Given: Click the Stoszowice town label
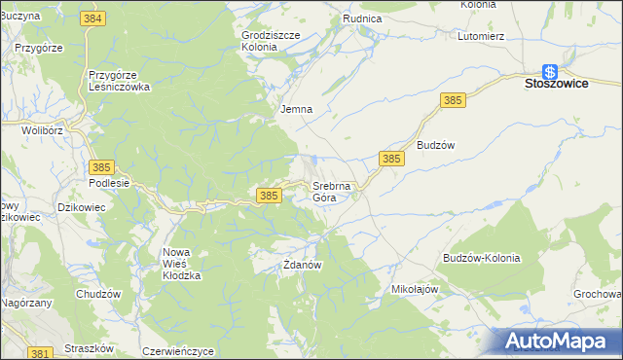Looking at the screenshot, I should tap(555, 85).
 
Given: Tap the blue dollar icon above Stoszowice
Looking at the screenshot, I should tap(550, 70).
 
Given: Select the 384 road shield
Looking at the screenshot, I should tap(93, 19).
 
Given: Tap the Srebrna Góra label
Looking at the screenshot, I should tap(325, 192).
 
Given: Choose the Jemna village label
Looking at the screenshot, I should tap(296, 109).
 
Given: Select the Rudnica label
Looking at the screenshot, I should tap(362, 18).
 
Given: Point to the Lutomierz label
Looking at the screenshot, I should tap(480, 36).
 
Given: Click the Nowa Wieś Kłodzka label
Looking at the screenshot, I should tap(181, 264).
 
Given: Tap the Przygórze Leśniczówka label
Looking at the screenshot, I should tap(119, 80).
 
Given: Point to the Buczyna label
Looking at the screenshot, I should tap(19, 17).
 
